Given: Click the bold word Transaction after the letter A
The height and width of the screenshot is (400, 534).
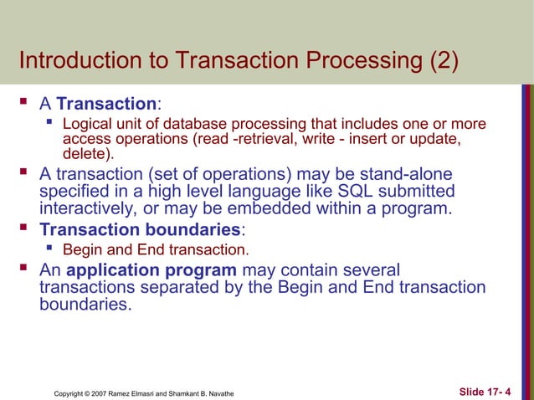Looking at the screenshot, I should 106,105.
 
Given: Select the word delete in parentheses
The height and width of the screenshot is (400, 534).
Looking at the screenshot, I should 85,154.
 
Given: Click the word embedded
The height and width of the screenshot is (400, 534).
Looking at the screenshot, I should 293,208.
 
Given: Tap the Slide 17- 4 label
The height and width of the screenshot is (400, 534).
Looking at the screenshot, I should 486,391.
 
